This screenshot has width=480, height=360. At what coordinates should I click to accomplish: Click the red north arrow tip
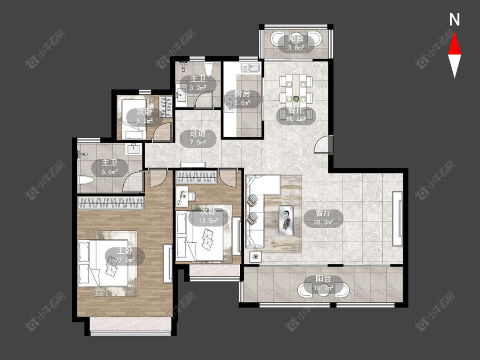pyautogui.click(x=454, y=33)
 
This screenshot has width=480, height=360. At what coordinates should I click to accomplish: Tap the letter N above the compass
pyautogui.click(x=454, y=20)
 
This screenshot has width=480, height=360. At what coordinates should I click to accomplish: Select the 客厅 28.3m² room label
pyautogui.click(x=323, y=218)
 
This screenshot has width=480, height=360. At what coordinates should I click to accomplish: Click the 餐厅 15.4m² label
pyautogui.click(x=296, y=115)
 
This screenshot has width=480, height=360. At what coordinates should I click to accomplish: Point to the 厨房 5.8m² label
pyautogui.click(x=242, y=98)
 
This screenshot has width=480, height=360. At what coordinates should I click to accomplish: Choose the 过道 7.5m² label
pyautogui.click(x=198, y=137)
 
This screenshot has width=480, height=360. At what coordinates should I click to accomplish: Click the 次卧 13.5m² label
pyautogui.click(x=208, y=216)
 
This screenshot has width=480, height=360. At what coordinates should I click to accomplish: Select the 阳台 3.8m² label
pyautogui.click(x=296, y=43)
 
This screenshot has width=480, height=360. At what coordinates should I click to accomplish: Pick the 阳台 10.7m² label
pyautogui.click(x=323, y=284)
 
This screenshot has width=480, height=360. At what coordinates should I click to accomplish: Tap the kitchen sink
pyautogui.click(x=250, y=67)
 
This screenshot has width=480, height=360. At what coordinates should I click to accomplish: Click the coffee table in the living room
pyautogui.click(x=286, y=221)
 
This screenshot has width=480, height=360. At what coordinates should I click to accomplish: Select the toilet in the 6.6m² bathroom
pyautogui.click(x=85, y=180)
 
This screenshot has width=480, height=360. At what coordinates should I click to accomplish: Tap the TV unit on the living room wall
pyautogui.click(x=397, y=218)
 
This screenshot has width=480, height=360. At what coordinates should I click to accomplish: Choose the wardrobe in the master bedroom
pyautogui.click(x=111, y=203)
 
